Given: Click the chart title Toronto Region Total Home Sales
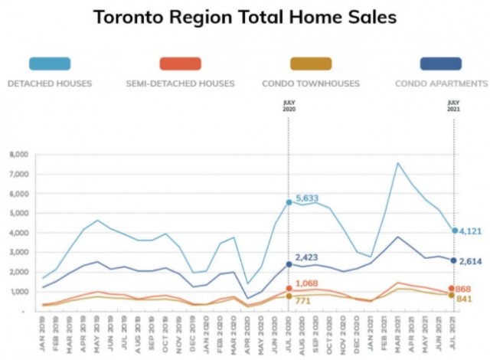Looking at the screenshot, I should click(244, 17).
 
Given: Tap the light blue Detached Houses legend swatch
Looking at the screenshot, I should click(50, 64).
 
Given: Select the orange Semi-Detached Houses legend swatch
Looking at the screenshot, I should click(181, 64).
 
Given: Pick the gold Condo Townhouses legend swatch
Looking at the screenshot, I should click(311, 64).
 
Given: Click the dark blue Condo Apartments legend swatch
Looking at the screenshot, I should click(441, 64).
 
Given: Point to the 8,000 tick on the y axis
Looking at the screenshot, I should click(18, 155).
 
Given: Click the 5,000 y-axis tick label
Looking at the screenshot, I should click(18, 213).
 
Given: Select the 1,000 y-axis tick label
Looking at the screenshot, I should click(18, 292).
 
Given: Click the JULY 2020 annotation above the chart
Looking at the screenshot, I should click(289, 106).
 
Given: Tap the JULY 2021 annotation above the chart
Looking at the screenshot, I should click(454, 106).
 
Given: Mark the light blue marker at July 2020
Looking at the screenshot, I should click(289, 202).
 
